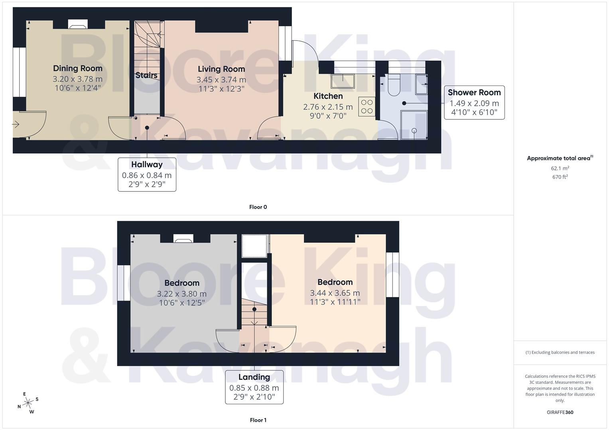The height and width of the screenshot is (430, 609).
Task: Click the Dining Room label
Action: [x=77, y=68]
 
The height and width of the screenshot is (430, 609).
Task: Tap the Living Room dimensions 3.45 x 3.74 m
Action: [x=221, y=80]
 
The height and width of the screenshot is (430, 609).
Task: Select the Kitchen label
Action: [x=328, y=96]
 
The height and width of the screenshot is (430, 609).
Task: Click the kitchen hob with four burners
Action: [x=367, y=107]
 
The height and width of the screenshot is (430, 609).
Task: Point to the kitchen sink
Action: [x=342, y=81]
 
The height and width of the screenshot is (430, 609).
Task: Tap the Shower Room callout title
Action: [x=474, y=92]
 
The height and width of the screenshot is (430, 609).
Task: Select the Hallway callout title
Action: [x=147, y=164]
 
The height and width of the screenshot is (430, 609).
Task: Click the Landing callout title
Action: [x=254, y=377]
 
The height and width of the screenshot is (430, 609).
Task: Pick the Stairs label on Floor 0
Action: [x=146, y=75]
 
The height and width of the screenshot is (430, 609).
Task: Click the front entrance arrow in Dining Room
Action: [x=16, y=125]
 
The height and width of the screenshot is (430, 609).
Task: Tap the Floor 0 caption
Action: [x=258, y=207]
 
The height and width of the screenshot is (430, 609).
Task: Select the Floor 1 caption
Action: [x=258, y=420]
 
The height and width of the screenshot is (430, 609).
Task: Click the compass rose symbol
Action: [x=28, y=403]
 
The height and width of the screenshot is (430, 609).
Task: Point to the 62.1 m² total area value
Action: [x=560, y=168]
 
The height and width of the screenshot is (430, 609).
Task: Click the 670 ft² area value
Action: [x=560, y=177]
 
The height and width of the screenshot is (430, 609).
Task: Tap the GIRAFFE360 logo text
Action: [x=560, y=412]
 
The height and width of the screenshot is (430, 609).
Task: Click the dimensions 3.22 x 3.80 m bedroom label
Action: [x=181, y=294]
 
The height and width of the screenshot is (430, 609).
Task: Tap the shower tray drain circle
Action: [x=414, y=131]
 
